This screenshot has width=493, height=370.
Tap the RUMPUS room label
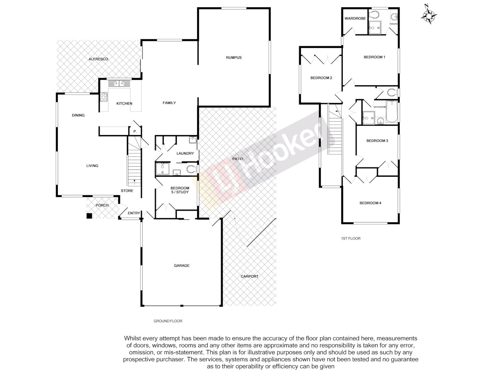click(234, 58)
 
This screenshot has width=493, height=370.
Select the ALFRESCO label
click(98, 59)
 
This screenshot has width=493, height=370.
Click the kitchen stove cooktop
click(104, 97)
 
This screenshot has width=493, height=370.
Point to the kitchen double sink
click(119, 83)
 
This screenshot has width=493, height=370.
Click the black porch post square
click(89, 216)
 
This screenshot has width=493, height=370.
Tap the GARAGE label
click(181, 266)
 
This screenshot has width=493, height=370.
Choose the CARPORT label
click(250, 276)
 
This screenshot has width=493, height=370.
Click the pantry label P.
click(135, 131)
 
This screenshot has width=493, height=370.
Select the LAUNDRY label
click(185, 153)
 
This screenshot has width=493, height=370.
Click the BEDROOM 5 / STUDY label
click(180, 190)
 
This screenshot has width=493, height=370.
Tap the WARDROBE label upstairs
click(355, 18)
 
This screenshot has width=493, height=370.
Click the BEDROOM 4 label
click(370, 203)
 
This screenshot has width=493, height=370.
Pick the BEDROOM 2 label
click(321, 78)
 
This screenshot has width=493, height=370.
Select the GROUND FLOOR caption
click(168, 321)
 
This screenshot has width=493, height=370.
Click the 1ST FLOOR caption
click(351, 238)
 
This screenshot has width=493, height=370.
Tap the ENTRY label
click(134, 213)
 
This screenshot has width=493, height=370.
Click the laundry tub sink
click(192, 139)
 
